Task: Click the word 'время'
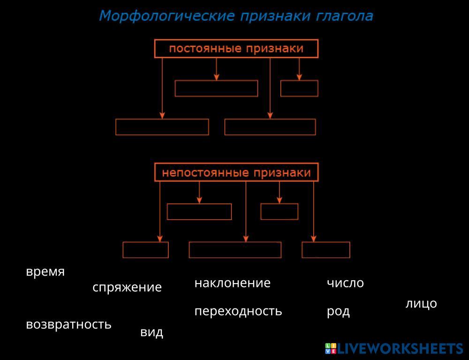pyautogui.click(x=45, y=272)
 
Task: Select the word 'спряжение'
pyautogui.click(x=127, y=287)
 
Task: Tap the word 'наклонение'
pyautogui.click(x=233, y=283)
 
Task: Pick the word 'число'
pyautogui.click(x=345, y=283)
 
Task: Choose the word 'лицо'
pyautogui.click(x=421, y=304)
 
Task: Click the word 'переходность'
pyautogui.click(x=238, y=311)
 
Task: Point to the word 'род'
pyautogui.click(x=338, y=312)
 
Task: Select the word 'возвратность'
pyautogui.click(x=69, y=324)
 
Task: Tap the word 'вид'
pyautogui.click(x=151, y=332)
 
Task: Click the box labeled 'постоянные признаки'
pyautogui.click(x=236, y=49)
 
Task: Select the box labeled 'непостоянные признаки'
pyautogui.click(x=236, y=172)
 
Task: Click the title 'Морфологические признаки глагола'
pyautogui.click(x=236, y=16)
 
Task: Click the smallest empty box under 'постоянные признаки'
pyautogui.click(x=299, y=89)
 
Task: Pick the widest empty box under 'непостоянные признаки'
pyautogui.click(x=235, y=250)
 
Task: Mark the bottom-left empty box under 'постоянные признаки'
pyautogui.click(x=162, y=127)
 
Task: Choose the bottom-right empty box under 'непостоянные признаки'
pyautogui.click(x=326, y=250)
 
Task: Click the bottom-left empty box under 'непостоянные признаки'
pyautogui.click(x=145, y=250)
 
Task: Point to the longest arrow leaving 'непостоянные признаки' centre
pyautogui.click(x=246, y=211)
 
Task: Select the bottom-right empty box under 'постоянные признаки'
pyautogui.click(x=270, y=127)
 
